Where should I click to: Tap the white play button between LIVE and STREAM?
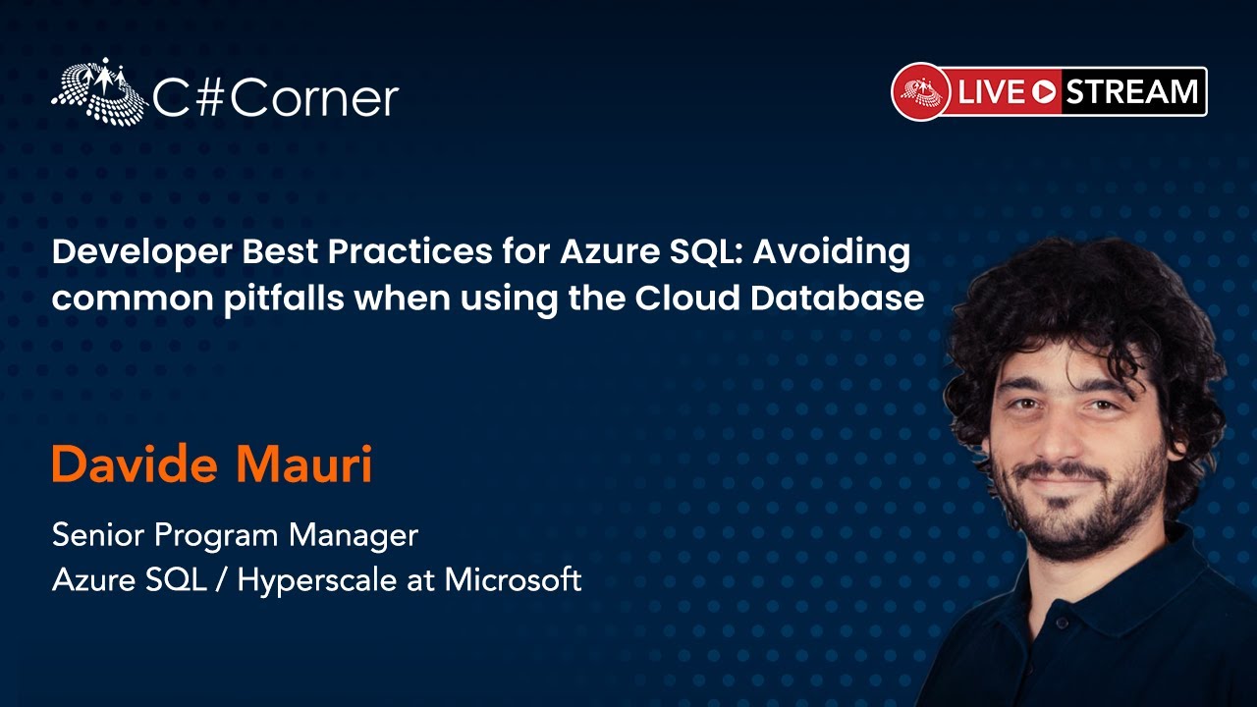coord(1044,92)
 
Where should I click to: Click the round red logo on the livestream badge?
coord(921,91)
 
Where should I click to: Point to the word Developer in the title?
coord(142,253)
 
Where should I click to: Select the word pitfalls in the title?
coord(284,299)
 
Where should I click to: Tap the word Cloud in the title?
coord(686,298)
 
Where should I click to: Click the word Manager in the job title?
coord(354,536)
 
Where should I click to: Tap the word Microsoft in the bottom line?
coord(513,579)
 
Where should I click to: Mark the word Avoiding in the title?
coord(832,253)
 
